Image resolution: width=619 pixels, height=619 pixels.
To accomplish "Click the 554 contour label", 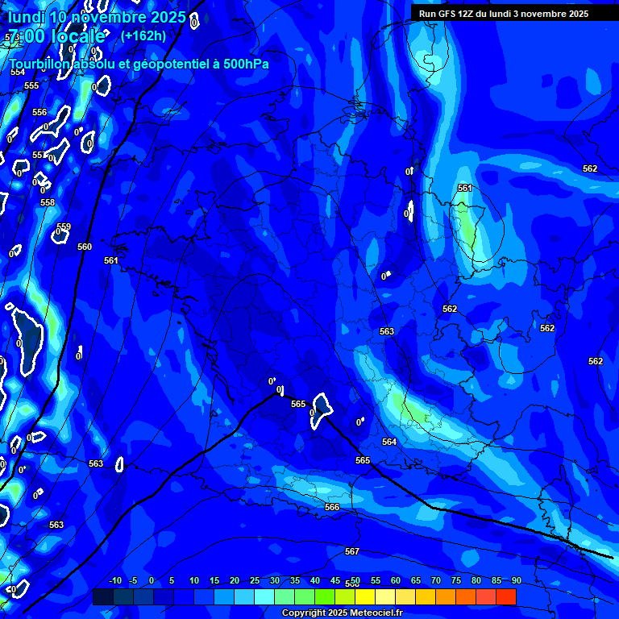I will (x=18, y=72).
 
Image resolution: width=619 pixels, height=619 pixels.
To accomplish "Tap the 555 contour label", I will (x=31, y=85).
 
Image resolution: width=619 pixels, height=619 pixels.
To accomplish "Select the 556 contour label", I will (x=39, y=113).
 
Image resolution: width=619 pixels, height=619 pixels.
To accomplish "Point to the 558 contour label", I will (x=48, y=203).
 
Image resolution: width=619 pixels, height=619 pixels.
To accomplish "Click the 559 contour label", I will (x=64, y=227).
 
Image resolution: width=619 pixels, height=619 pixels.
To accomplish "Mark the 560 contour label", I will (x=85, y=247).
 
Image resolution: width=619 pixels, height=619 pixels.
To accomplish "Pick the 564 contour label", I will (x=389, y=442).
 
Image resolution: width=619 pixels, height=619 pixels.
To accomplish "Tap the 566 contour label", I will (x=332, y=507).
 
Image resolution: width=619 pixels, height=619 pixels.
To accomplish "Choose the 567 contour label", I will (x=352, y=551).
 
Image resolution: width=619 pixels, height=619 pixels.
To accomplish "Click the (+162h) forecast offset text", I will (x=143, y=35).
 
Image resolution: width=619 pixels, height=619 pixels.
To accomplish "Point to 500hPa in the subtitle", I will (x=241, y=64).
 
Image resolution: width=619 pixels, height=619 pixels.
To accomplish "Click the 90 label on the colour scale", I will (x=516, y=580).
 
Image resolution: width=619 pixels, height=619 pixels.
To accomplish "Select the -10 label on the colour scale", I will (x=114, y=580).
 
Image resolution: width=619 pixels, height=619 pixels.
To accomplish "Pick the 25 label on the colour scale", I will (x=255, y=580).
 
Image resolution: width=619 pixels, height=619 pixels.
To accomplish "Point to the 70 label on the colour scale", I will (x=436, y=580).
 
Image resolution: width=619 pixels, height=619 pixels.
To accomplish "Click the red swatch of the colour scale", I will (x=505, y=596).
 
